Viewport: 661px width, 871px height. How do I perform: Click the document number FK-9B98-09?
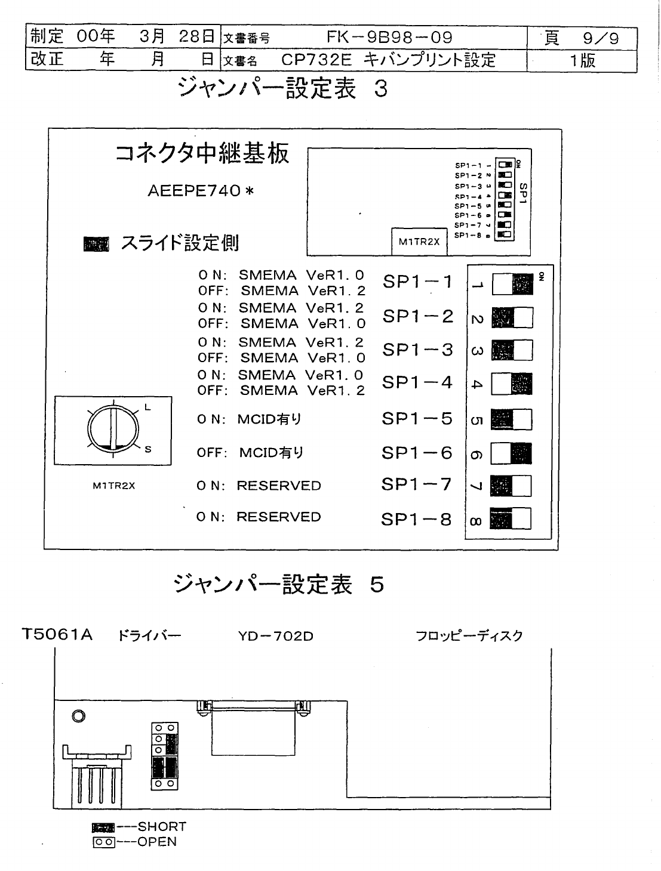pos(389,38)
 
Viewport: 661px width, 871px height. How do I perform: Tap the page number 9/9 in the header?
pos(599,39)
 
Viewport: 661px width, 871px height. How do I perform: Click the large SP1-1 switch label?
pos(418,282)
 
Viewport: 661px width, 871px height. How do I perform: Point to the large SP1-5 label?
pos(417,419)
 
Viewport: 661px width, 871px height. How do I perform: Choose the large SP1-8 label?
pos(417,520)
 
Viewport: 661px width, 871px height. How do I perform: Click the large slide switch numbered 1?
pos(512,285)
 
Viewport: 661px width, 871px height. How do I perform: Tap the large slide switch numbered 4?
pos(512,385)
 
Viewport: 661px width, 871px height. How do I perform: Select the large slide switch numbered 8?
pos(511,518)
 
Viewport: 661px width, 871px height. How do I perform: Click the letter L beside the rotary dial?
pos(147,408)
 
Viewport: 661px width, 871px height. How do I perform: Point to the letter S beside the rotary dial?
pos(148,450)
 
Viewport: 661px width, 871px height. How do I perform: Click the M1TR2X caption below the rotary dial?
pos(113,486)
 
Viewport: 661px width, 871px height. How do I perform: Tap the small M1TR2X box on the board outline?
pos(419,242)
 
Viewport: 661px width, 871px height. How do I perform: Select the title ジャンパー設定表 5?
pos(278,585)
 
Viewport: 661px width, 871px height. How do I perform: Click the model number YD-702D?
pos(275,636)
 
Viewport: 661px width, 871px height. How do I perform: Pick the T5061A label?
pos(57,634)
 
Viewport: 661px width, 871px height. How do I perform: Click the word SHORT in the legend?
pos(162,827)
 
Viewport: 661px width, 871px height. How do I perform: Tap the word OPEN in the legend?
pos(157,842)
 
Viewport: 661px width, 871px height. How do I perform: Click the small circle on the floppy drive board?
pos(78,716)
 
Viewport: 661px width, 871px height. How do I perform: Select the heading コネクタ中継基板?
pos(202,154)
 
